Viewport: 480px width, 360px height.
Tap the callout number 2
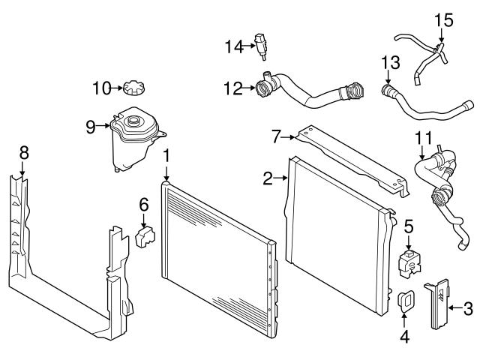[268, 178]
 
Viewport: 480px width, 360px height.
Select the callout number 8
[24, 152]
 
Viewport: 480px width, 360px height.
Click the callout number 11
[424, 139]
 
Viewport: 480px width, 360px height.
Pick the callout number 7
[276, 136]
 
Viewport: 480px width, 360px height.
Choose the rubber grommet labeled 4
[405, 301]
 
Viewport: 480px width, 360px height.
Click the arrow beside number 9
[104, 126]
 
